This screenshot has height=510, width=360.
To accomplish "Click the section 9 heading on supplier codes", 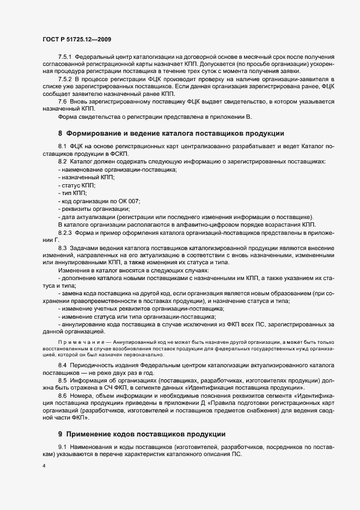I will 142,434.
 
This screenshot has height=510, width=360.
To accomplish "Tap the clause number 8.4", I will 62,363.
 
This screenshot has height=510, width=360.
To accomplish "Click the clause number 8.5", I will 62,379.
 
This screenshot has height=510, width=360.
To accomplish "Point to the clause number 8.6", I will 62,394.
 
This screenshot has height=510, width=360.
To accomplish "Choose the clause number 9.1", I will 62,447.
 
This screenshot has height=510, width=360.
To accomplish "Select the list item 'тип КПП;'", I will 72,193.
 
